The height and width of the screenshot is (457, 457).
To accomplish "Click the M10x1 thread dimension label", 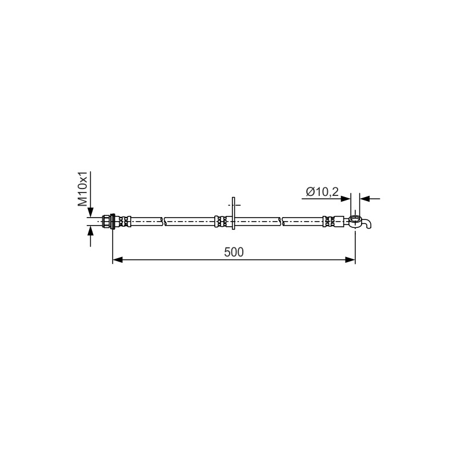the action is click(82, 189).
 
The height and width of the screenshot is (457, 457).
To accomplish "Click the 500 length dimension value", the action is click(234, 252).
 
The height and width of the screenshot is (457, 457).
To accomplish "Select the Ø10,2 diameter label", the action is click(322, 192).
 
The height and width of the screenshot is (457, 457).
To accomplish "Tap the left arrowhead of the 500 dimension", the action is click(118, 260).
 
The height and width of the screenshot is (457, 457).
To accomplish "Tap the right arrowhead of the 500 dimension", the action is click(350, 260).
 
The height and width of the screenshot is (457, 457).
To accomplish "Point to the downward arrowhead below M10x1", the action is click(91, 212).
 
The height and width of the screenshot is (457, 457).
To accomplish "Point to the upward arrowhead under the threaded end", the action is click(91, 231).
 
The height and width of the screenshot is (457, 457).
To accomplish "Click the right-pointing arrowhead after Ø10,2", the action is click(346, 199).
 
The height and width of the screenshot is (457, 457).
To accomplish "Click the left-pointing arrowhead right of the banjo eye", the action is click(364, 199).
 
